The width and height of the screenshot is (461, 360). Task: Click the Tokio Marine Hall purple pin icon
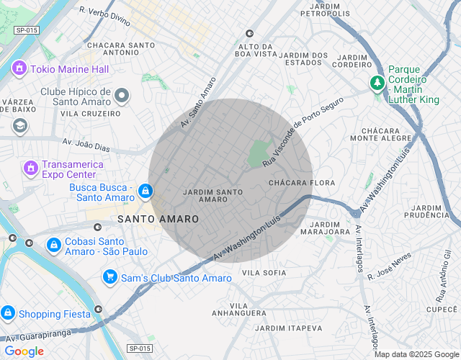[19, 69]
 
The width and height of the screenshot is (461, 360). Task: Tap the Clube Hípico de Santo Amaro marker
[122, 95]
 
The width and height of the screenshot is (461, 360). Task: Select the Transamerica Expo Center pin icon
[30, 168]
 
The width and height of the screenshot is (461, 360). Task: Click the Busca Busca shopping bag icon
[146, 191]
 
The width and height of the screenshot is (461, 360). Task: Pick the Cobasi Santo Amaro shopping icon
[53, 246]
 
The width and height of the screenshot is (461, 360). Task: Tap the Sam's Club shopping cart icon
[109, 277]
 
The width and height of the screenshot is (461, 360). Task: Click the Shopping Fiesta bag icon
[8, 313]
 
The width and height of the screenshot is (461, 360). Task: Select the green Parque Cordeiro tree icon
[377, 84]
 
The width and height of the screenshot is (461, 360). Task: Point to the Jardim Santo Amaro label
[212, 196]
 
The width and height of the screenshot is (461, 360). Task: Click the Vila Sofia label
[264, 273]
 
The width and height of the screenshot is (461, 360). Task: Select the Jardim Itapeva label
[289, 328]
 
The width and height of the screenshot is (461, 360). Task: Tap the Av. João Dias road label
[86, 145]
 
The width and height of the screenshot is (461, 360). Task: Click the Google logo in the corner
[24, 351]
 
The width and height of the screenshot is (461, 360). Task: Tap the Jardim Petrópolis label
[324, 9]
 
